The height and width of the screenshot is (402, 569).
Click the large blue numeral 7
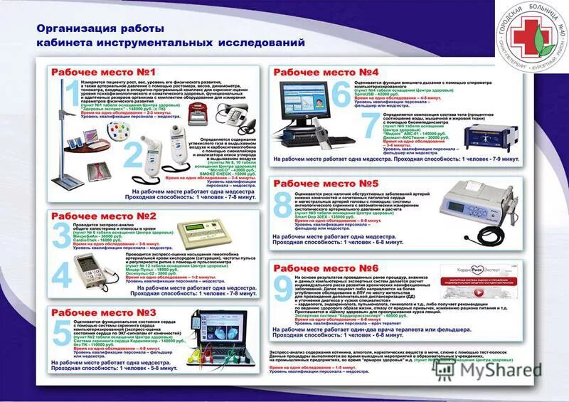click(371, 125)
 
